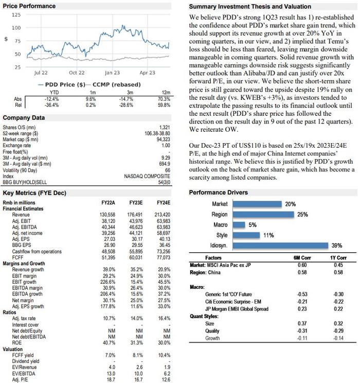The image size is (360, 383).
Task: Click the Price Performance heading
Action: (x=29, y=6)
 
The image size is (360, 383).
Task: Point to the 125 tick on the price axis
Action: (x=16, y=15)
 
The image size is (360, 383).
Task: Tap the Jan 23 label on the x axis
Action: (x=112, y=73)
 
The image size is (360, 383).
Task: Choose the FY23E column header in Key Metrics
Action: (x=136, y=203)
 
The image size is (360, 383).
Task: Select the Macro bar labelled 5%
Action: (x=238, y=225)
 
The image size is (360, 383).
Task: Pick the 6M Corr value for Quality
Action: (x=303, y=331)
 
